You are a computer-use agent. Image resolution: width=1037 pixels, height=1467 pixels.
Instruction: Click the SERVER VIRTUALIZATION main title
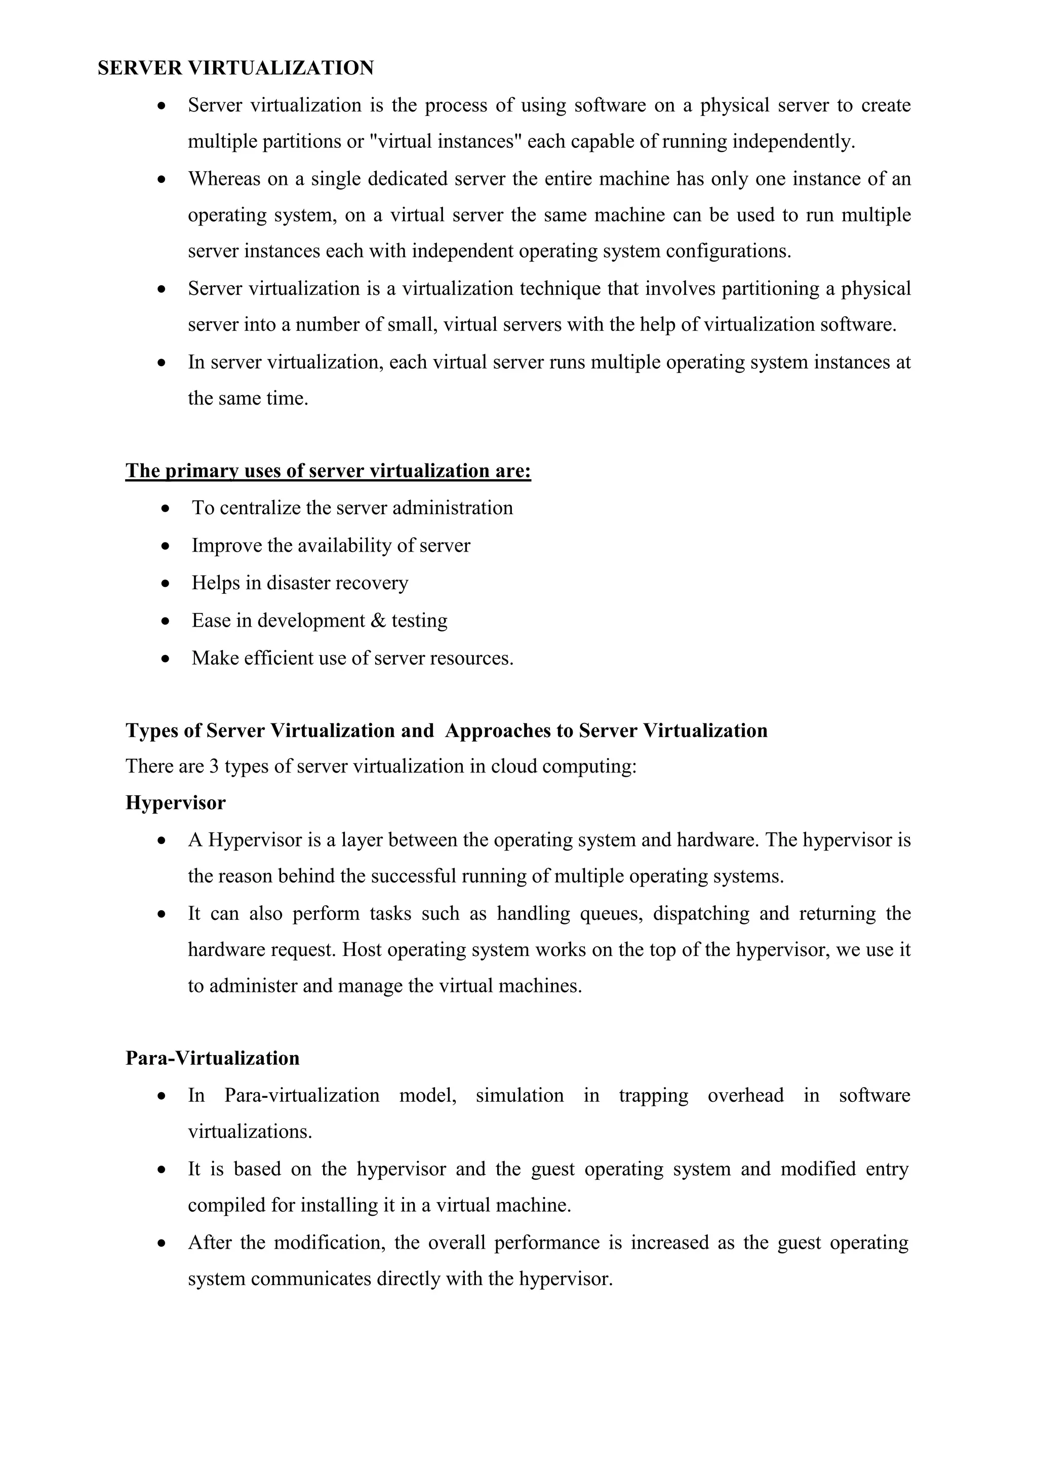click(235, 68)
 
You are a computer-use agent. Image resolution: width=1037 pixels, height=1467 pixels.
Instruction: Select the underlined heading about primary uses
click(328, 471)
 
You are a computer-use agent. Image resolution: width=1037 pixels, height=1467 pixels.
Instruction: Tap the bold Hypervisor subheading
click(176, 802)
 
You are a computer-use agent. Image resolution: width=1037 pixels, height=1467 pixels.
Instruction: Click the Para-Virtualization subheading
click(213, 1058)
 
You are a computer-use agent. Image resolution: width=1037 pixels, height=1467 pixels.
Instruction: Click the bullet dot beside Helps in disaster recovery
click(166, 584)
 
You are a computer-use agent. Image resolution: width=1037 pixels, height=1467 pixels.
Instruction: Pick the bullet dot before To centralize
click(166, 509)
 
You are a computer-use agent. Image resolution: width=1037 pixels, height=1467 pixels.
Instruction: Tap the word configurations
click(729, 251)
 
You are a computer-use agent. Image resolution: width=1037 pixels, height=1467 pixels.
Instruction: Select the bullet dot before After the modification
click(162, 1244)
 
